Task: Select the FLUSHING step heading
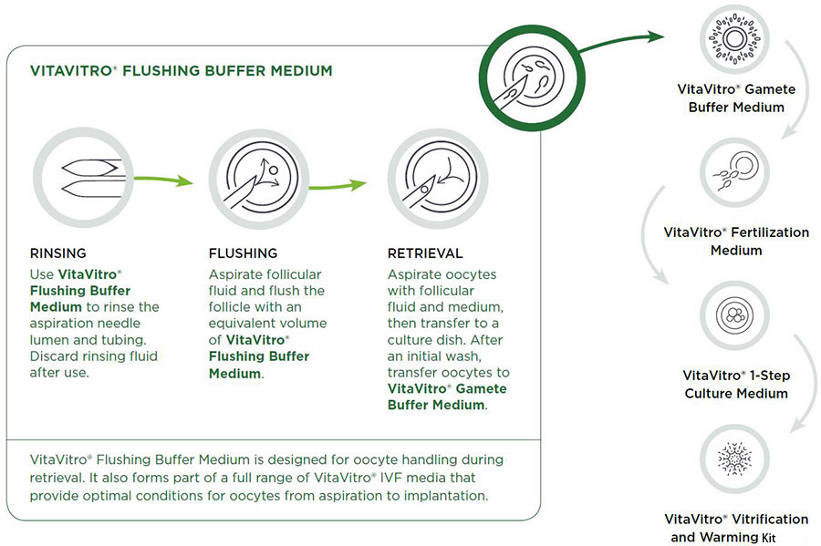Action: click(244, 253)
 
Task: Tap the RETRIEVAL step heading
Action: click(425, 253)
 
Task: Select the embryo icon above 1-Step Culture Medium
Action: click(735, 315)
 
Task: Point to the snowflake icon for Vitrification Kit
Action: click(735, 456)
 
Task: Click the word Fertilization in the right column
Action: click(765, 232)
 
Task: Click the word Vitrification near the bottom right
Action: click(764, 519)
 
